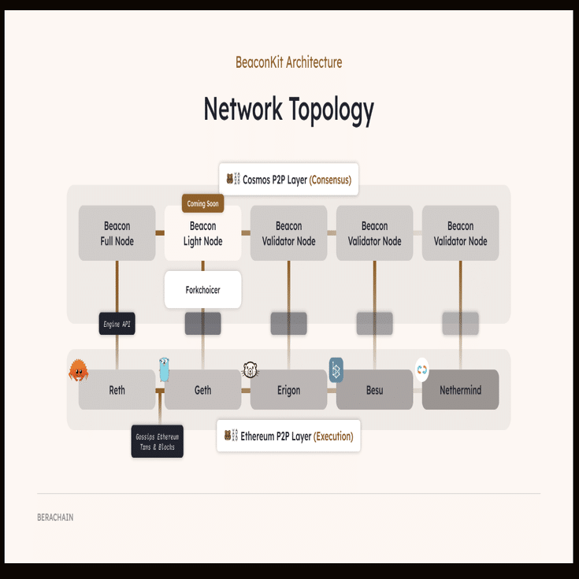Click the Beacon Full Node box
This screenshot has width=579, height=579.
click(x=117, y=233)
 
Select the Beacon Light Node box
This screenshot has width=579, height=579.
click(x=202, y=234)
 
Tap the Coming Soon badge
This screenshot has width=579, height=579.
click(x=202, y=204)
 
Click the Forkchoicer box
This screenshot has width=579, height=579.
click(x=202, y=290)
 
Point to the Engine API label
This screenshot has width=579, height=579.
click(x=117, y=323)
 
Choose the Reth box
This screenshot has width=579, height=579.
click(x=117, y=390)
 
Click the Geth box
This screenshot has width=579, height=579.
click(x=202, y=390)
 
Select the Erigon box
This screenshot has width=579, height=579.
click(x=288, y=390)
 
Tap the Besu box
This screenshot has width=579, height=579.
click(x=374, y=390)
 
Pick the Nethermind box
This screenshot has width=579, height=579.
click(x=460, y=390)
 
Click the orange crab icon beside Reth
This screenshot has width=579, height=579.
click(x=78, y=370)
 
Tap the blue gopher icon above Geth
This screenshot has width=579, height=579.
click(x=164, y=368)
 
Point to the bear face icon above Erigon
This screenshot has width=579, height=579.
click(x=251, y=369)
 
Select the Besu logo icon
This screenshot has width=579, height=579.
click(x=336, y=369)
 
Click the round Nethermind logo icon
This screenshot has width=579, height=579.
click(x=422, y=369)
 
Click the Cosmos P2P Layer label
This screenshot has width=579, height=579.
click(x=288, y=180)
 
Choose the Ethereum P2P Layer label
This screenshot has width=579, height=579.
click(x=288, y=436)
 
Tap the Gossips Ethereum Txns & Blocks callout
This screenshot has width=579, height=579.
click(x=157, y=442)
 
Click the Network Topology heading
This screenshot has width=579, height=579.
click(x=288, y=109)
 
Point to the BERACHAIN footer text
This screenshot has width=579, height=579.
click(x=55, y=518)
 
